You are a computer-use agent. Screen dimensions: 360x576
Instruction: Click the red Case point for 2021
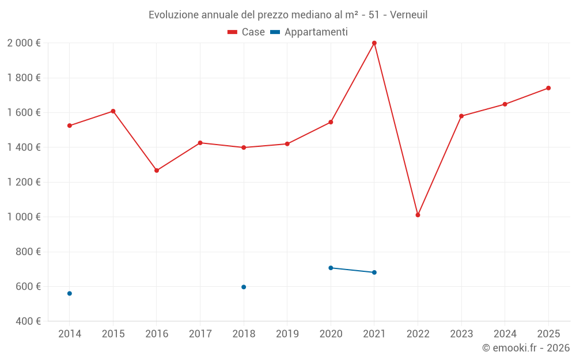pyautogui.click(x=374, y=43)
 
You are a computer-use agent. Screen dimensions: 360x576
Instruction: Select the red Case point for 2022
pyautogui.click(x=418, y=215)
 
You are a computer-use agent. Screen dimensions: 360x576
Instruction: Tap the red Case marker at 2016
pyautogui.click(x=157, y=170)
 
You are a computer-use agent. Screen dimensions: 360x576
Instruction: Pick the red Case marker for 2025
pyautogui.click(x=548, y=88)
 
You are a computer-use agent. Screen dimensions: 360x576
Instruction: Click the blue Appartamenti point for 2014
pyautogui.click(x=70, y=293)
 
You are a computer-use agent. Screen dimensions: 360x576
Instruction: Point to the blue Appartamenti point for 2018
pyautogui.click(x=244, y=287)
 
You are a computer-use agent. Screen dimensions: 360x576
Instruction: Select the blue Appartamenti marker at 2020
pyautogui.click(x=331, y=268)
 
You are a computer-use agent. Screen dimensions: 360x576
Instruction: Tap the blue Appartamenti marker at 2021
pyautogui.click(x=374, y=272)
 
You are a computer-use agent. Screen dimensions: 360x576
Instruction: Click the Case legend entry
pyautogui.click(x=247, y=32)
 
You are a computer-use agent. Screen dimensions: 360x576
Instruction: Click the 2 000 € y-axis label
pyautogui.click(x=24, y=43)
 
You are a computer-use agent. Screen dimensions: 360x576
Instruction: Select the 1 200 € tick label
pyautogui.click(x=24, y=182)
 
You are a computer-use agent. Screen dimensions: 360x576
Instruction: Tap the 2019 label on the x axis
pyautogui.click(x=287, y=334)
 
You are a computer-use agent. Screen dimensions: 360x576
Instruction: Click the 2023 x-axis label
pyautogui.click(x=461, y=334)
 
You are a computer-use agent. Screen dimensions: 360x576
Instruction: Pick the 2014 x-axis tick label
pyautogui.click(x=70, y=334)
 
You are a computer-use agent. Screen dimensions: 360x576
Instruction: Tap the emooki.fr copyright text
pyautogui.click(x=526, y=348)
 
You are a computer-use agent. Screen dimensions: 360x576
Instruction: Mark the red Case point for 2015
pyautogui.click(x=113, y=111)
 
